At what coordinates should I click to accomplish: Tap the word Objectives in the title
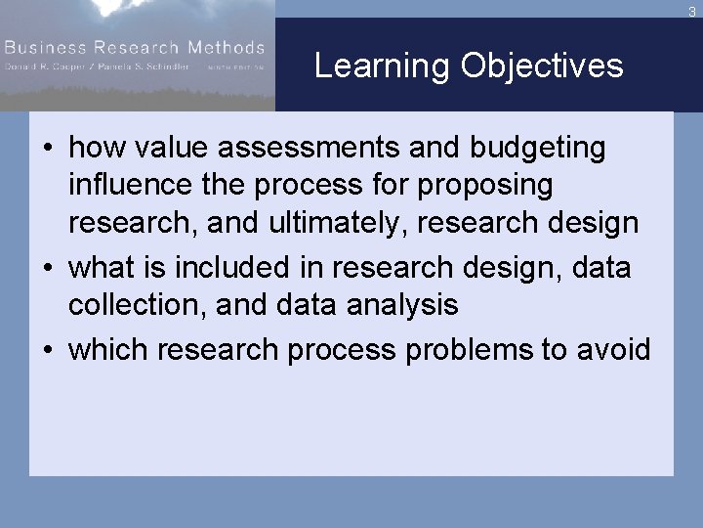tap(542, 66)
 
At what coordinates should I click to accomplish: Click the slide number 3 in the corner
tap(692, 11)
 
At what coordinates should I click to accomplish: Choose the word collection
tap(136, 304)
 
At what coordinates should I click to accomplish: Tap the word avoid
tap(613, 349)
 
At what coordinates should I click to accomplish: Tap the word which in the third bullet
tap(107, 349)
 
